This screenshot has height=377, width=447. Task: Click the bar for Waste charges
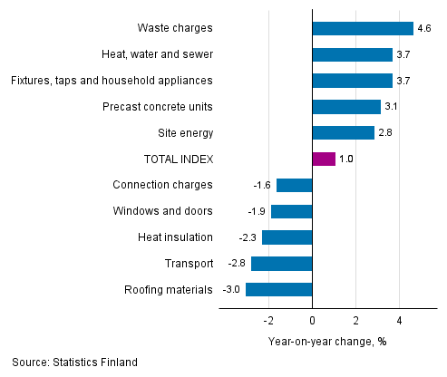tap(362, 28)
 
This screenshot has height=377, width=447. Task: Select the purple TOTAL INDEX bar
tap(323, 159)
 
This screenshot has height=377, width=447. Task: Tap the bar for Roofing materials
tap(278, 290)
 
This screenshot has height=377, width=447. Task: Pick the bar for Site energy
tap(343, 133)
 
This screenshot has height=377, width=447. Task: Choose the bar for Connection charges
tap(294, 185)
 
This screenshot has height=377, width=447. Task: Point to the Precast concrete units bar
tap(345, 107)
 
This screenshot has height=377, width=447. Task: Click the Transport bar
tap(281, 264)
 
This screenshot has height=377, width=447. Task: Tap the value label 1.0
tap(345, 159)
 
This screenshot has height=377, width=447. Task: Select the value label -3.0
tap(232, 290)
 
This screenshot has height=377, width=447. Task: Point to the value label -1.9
tap(258, 211)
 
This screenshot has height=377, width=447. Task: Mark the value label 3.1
tap(392, 107)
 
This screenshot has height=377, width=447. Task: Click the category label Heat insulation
tap(176, 237)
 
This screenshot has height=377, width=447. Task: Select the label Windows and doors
tap(163, 211)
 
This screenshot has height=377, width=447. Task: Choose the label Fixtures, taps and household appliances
tap(112, 81)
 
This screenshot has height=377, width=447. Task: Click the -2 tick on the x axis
tap(268, 321)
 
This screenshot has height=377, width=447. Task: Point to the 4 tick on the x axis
tap(400, 321)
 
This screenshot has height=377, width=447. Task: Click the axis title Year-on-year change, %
tap(327, 342)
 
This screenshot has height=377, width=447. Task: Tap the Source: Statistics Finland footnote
tap(74, 362)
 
